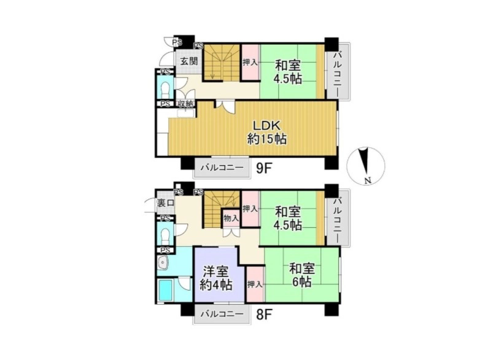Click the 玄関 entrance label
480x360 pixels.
pyautogui.click(x=188, y=61)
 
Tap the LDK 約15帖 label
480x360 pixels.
pyautogui.click(x=266, y=132)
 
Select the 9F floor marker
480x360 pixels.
pyautogui.click(x=264, y=168)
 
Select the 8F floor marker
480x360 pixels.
pyautogui.click(x=264, y=314)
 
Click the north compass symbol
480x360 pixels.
pyautogui.click(x=366, y=166)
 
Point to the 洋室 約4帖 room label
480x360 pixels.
pyautogui.click(x=216, y=278)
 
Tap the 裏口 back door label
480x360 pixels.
pyautogui.click(x=166, y=203)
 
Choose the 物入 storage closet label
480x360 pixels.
pyautogui.click(x=231, y=219)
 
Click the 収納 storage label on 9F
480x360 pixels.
pyautogui.click(x=186, y=104)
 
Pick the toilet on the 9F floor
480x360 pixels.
pyautogui.click(x=165, y=87)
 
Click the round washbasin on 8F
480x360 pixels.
pyautogui.click(x=162, y=262)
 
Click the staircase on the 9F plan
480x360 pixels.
pyautogui.click(x=222, y=63)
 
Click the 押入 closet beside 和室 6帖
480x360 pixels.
pyautogui.click(x=255, y=284)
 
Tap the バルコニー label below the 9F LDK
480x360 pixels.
pyautogui.click(x=222, y=168)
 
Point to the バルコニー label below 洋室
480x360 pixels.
pyautogui.click(x=222, y=314)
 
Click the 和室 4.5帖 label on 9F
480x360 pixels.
pyautogui.click(x=288, y=72)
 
